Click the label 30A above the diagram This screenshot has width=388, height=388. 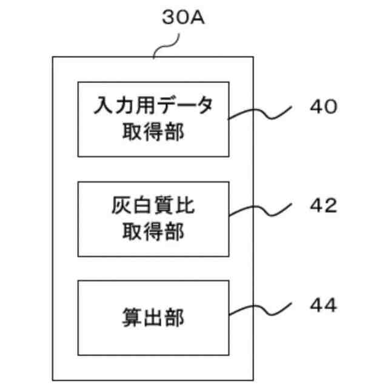[x=184, y=18]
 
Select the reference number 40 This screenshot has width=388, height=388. [x=322, y=107]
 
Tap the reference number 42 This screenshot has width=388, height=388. [x=322, y=206]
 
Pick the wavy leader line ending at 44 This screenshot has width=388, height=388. [x=261, y=308]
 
